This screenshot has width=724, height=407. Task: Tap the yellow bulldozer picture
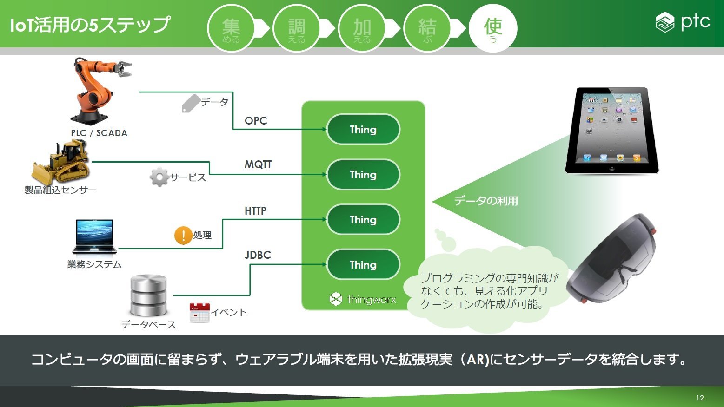pyautogui.click(x=61, y=163)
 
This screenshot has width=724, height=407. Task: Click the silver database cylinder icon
pyautogui.click(x=148, y=295)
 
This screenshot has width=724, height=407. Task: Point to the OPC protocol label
pyautogui.click(x=256, y=120)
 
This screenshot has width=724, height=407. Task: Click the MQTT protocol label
pyautogui.click(x=258, y=164)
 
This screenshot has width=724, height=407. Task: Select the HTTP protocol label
pyautogui.click(x=255, y=211)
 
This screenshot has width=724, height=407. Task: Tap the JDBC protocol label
pyautogui.click(x=258, y=255)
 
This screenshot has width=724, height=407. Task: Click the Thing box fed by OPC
pyautogui.click(x=363, y=130)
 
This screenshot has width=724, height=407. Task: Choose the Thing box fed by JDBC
pyautogui.click(x=363, y=264)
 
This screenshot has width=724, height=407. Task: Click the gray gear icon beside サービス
pyautogui.click(x=159, y=177)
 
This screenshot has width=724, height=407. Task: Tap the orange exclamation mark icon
pyautogui.click(x=183, y=235)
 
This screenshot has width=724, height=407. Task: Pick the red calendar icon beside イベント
pyautogui.click(x=199, y=312)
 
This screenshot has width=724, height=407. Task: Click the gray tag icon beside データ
pyautogui.click(x=191, y=103)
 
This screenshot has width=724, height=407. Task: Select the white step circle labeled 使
pyautogui.click(x=493, y=28)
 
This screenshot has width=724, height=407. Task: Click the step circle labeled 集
pyautogui.click(x=231, y=28)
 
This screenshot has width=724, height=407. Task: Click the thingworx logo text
pyautogui.click(x=372, y=300)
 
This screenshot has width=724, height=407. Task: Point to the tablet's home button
pyautogui.click(x=611, y=169)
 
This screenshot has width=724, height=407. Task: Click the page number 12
pyautogui.click(x=700, y=398)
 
